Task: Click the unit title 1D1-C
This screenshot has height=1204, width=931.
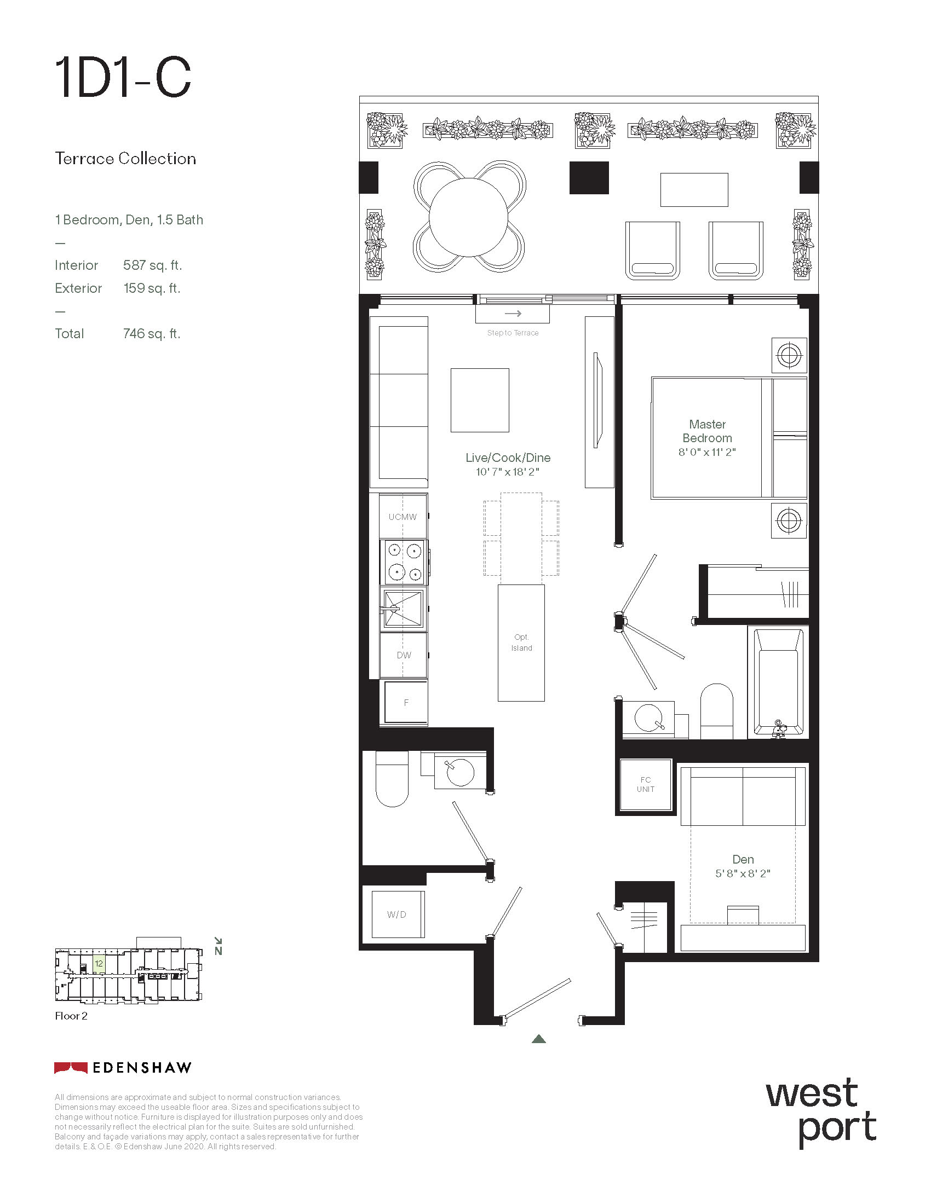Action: [x=123, y=78]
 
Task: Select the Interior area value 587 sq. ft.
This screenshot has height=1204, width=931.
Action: [x=152, y=265]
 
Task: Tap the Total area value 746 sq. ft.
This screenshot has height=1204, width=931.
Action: [x=152, y=333]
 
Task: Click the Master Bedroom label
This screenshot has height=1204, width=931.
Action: [x=707, y=431]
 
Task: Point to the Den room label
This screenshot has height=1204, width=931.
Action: [x=743, y=859]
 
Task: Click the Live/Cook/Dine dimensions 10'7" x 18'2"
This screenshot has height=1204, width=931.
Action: [x=508, y=472]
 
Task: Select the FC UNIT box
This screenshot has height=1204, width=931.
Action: [x=646, y=784]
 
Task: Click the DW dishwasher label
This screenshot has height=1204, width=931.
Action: [x=404, y=656]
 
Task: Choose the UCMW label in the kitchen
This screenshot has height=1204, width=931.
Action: [x=403, y=517]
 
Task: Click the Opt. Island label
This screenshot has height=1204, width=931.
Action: [x=521, y=643]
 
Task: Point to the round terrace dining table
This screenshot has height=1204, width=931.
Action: [x=468, y=217]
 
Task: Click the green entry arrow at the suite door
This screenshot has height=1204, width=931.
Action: [x=539, y=1039]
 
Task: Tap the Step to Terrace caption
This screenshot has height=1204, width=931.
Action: [x=513, y=333]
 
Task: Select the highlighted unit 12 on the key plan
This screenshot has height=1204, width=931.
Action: [x=99, y=964]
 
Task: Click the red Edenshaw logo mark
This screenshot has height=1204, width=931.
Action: [x=71, y=1068]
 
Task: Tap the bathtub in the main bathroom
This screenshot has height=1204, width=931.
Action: [x=778, y=682]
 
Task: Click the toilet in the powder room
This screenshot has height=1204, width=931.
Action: [x=392, y=778]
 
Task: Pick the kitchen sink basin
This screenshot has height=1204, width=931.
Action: [x=403, y=609]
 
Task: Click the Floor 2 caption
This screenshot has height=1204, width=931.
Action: [x=71, y=1016]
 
